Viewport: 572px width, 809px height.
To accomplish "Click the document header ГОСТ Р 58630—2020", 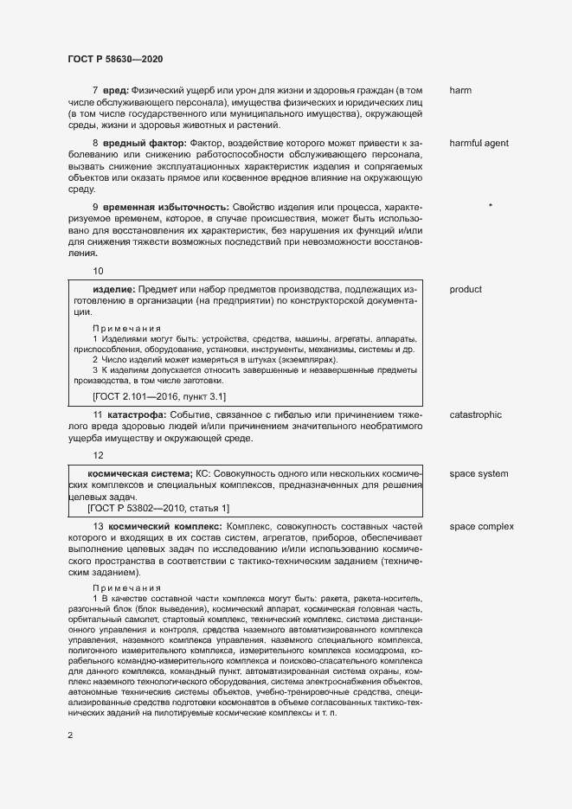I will click(115, 58).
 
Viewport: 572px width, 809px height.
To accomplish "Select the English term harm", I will click(460, 90).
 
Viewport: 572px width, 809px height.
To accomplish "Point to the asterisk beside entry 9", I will click(491, 206).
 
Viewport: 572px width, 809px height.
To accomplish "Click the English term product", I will click(466, 289).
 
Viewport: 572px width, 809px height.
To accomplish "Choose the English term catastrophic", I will click(475, 415).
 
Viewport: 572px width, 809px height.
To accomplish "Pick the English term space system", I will click(479, 474).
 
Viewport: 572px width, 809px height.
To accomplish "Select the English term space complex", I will click(481, 526).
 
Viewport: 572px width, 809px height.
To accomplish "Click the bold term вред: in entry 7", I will click(115, 90).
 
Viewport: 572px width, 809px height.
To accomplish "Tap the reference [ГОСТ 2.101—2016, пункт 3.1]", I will click(158, 396).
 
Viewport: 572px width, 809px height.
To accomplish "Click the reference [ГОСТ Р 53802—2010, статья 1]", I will click(158, 508).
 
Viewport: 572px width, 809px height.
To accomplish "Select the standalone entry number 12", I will click(98, 455).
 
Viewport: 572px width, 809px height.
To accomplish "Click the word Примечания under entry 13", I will click(127, 587).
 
